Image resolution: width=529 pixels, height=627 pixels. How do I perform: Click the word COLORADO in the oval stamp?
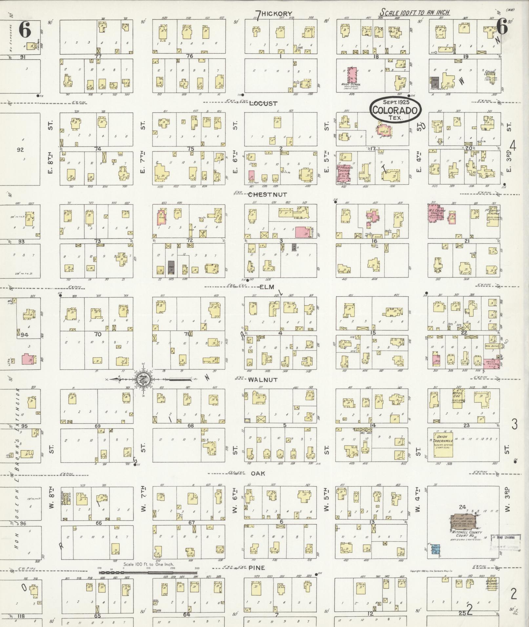(x=396, y=110)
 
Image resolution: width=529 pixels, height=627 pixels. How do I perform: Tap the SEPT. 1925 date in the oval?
(x=395, y=102)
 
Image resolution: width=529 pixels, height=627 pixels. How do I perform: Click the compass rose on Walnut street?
(x=143, y=379)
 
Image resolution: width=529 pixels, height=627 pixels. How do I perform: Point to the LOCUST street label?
(x=263, y=104)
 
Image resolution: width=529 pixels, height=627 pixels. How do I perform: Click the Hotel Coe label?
(x=457, y=395)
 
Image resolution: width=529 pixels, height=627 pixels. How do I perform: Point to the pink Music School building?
(x=352, y=77)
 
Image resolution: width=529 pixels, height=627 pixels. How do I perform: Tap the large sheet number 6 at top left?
(x=25, y=30)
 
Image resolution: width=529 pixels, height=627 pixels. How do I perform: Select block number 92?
(x=20, y=150)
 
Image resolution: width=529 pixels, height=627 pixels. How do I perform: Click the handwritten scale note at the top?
(x=415, y=12)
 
